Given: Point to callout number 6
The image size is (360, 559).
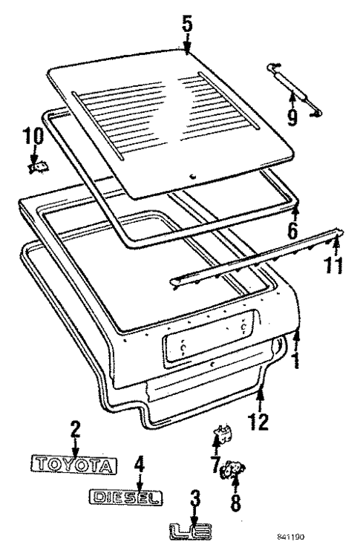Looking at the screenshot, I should (292, 229).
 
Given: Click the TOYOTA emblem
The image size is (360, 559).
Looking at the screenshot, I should (74, 465).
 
